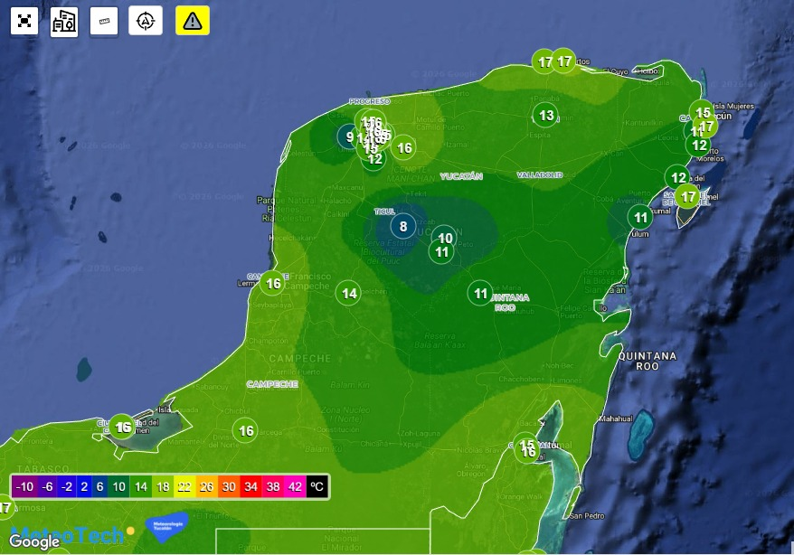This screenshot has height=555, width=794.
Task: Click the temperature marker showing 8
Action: tap(403, 226)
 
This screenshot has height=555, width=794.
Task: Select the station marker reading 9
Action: tap(349, 137)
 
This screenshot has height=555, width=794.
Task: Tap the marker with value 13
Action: tap(545, 115)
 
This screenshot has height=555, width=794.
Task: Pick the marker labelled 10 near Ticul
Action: tap(444, 239)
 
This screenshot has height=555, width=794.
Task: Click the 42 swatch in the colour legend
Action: tap(295, 486)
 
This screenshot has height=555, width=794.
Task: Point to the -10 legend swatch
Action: tap(26, 486)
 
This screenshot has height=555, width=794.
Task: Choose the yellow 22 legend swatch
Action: tap(184, 486)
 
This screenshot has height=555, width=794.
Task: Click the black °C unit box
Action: tap(317, 486)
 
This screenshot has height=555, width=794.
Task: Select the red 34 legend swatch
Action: tap(250, 486)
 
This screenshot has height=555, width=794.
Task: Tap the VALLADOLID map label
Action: tap(540, 174)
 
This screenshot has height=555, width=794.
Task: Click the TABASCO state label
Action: tap(40, 468)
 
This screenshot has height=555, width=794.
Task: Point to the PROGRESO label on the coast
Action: tap(369, 101)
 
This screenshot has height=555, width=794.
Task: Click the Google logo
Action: tap(34, 541)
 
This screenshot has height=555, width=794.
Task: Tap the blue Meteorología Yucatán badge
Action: tap(166, 525)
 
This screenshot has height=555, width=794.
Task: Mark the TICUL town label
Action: tap(385, 211)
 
